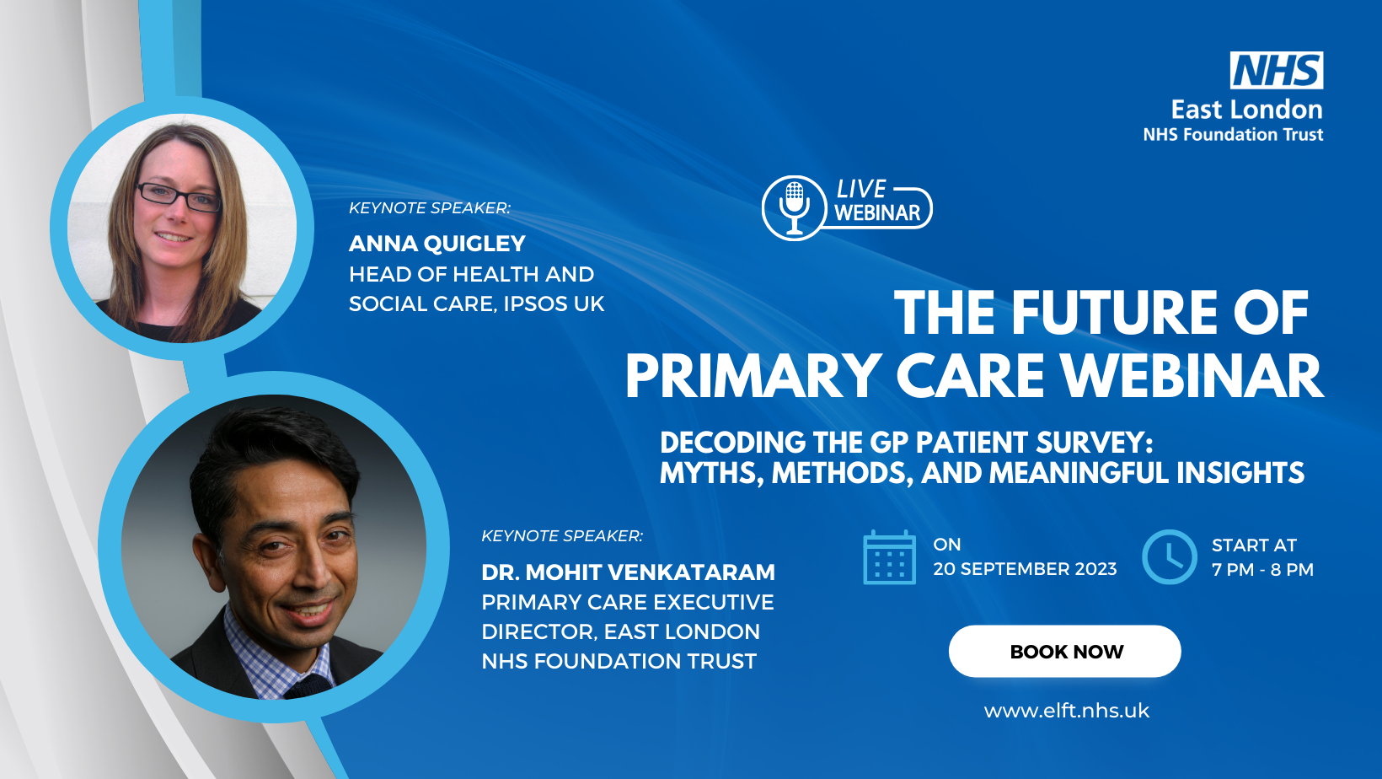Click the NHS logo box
pyautogui.click(x=1277, y=70)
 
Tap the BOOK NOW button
pyautogui.click(x=1065, y=651)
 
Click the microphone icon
pyautogui.click(x=794, y=208)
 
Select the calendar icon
pyautogui.click(x=889, y=556)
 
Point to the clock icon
pyautogui.click(x=1169, y=556)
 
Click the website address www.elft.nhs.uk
pyautogui.click(x=1067, y=711)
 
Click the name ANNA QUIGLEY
pyautogui.click(x=437, y=243)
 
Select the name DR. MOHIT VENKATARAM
pyautogui.click(x=628, y=572)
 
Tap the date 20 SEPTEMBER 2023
pyautogui.click(x=1025, y=568)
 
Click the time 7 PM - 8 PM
pyautogui.click(x=1262, y=569)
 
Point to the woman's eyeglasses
pyautogui.click(x=179, y=197)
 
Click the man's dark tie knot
pyautogui.click(x=308, y=685)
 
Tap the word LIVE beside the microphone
pyautogui.click(x=861, y=189)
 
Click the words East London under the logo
pyautogui.click(x=1247, y=110)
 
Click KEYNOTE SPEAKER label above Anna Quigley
pyautogui.click(x=430, y=208)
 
